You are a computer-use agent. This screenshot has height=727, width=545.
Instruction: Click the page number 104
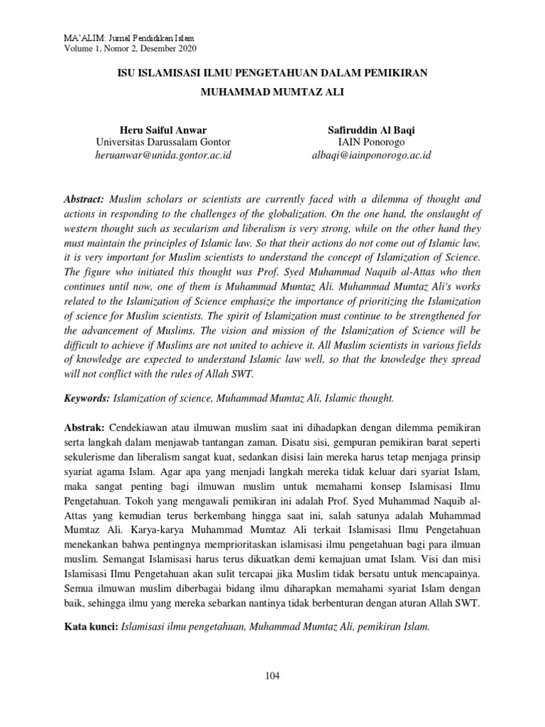[x=272, y=675]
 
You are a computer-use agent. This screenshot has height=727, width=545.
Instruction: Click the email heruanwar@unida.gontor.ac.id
[x=163, y=155]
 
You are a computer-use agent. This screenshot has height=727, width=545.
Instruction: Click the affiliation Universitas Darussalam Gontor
[x=163, y=142]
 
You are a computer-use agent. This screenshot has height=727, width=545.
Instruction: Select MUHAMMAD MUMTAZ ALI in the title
[x=272, y=92]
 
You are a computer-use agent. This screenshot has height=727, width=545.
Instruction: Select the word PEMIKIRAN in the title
[x=402, y=73]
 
